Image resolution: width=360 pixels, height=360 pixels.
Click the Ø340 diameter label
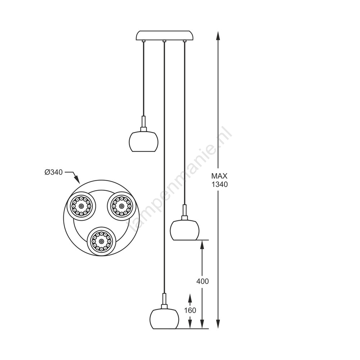[54, 172]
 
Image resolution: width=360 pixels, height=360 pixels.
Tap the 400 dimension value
[202, 281]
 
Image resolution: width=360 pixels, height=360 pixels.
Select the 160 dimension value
[190, 310]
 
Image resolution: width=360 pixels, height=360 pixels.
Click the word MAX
[219, 176]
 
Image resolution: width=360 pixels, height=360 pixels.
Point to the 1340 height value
[220, 184]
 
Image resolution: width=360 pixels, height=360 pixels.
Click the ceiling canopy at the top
[165, 36]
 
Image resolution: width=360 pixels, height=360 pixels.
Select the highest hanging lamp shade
[144, 141]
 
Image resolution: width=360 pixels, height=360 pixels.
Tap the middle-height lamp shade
[185, 230]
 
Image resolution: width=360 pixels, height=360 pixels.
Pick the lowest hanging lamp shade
[165, 319]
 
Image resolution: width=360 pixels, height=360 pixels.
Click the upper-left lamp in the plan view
[81, 206]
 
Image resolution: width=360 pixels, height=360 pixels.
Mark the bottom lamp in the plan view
[101, 241]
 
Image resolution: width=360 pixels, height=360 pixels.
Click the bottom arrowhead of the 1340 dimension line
[218, 323]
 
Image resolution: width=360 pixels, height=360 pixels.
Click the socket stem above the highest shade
[144, 124]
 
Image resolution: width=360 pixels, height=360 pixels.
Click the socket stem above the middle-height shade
[185, 212]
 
